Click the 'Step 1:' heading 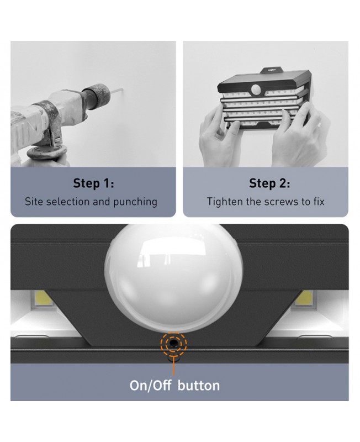click(x=93, y=183)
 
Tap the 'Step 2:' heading click(x=269, y=183)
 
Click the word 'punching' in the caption click(x=135, y=202)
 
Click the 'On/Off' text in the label click(x=150, y=385)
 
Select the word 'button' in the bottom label click(x=199, y=385)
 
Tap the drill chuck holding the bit click(x=96, y=96)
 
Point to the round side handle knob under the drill click(x=47, y=153)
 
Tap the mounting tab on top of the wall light click(x=272, y=71)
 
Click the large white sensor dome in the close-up click(x=173, y=278)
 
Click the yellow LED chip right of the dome click(x=305, y=298)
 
